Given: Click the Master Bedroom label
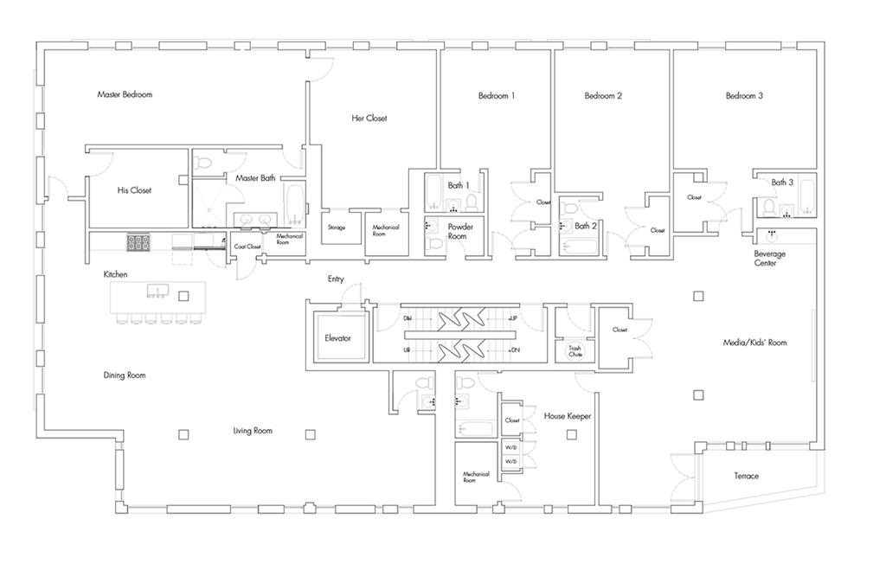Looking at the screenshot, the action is pos(125,94).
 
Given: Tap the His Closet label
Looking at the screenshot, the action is pos(134,190).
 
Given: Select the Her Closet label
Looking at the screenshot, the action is pos(369,119).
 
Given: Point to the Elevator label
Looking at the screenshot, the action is pos(337,338).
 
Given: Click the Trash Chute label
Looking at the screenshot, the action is pos(575,352).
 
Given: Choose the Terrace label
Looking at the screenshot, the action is pos(746,477).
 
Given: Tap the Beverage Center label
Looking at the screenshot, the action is pos(770,259).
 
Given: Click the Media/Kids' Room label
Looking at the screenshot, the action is pos(754,343).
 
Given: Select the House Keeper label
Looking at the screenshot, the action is pos(568,416).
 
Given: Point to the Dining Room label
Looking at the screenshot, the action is pos(125,375).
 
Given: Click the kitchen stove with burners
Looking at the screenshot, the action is pos(138,242).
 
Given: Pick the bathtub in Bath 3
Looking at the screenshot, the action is pos(807,197).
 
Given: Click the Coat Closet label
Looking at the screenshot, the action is pos(247,247).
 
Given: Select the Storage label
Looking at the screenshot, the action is pos(337,228).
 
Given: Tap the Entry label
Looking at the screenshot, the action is pos(336,279).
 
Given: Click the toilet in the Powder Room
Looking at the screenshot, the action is pos(435,246).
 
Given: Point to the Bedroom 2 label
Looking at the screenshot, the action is pos(603,96).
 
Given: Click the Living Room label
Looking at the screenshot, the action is pos(253,430).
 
